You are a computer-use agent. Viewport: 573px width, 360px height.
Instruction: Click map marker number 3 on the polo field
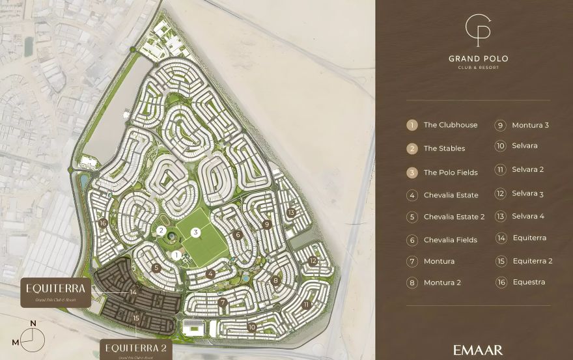(195, 232)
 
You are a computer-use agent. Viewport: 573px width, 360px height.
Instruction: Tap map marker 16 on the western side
(103, 223)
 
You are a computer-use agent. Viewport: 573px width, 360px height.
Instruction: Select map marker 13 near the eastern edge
(290, 212)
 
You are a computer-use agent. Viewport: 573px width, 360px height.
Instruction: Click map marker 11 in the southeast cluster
(306, 304)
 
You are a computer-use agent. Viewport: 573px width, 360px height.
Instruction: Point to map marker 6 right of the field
(238, 235)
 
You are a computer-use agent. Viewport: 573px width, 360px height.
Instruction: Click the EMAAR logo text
(478, 350)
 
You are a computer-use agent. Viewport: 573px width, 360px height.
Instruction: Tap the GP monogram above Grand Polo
(478, 29)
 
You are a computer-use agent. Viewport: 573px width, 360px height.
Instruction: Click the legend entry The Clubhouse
(450, 125)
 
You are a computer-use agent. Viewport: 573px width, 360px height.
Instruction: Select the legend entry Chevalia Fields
(450, 240)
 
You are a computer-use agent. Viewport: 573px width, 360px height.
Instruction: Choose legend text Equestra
(529, 282)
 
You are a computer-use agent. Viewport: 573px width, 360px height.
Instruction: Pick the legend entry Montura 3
(530, 125)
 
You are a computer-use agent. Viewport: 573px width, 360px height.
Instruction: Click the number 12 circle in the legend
(501, 193)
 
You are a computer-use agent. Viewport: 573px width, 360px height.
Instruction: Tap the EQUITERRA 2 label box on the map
(136, 350)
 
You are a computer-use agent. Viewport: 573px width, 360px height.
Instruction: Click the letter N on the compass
(33, 324)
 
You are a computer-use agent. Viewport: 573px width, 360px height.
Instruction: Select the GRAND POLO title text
(478, 59)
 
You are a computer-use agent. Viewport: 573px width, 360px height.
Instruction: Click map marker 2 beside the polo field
(161, 230)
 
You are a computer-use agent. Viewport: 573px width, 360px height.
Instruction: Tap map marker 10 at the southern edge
(251, 327)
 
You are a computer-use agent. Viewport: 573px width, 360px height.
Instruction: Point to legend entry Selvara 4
(527, 216)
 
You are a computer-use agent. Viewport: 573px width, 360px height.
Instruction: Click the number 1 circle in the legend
(412, 125)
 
